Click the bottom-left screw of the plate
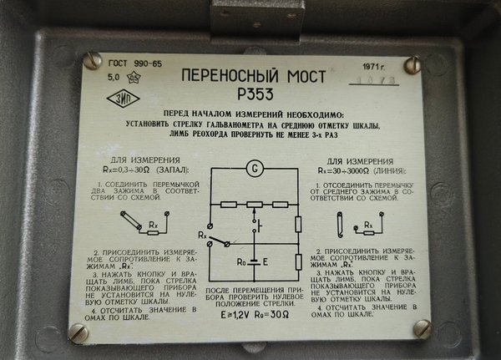point(78,333)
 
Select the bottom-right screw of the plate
point(423,328)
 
